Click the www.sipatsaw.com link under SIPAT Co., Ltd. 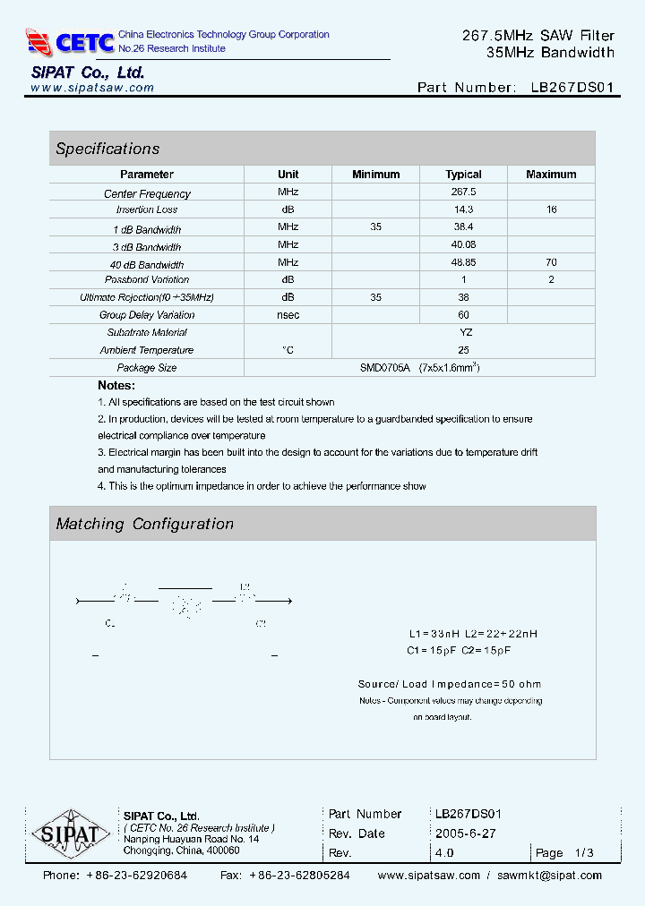pos(92,88)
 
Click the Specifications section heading pos(107,149)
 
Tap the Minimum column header pos(375,175)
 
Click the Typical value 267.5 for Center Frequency pos(463,192)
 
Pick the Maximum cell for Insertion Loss pos(551,209)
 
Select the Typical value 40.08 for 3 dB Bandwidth pos(463,245)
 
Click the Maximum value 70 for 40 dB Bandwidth pos(551,262)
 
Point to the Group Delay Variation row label pos(147,315)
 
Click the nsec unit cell pos(288,315)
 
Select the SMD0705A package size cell pos(418,368)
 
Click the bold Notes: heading pos(116,386)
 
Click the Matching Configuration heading pos(144,524)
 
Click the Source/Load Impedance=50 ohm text pos(450,684)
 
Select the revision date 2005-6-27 pos(465,833)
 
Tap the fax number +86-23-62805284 pos(299,876)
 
